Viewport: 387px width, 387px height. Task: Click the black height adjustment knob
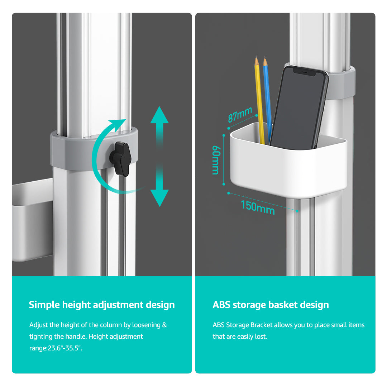click(x=120, y=158)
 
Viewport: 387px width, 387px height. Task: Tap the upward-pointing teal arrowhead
click(x=159, y=115)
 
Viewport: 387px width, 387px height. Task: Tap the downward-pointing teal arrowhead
click(x=159, y=198)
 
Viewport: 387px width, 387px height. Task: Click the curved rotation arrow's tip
click(x=125, y=120)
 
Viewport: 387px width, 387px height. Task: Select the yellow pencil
click(x=259, y=100)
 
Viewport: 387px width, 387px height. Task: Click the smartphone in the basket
click(x=299, y=107)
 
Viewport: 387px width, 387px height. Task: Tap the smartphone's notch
click(x=305, y=72)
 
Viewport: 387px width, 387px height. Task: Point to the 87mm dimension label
click(x=240, y=114)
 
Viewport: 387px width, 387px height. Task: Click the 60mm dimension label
click(x=216, y=160)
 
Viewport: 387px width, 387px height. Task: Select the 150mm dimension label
click(x=258, y=207)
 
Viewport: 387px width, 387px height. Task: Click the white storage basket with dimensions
click(x=288, y=161)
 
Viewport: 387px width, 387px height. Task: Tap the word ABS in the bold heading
click(x=221, y=305)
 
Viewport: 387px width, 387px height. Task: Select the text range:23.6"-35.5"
click(x=56, y=348)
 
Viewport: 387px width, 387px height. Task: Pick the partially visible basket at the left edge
click(x=32, y=220)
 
